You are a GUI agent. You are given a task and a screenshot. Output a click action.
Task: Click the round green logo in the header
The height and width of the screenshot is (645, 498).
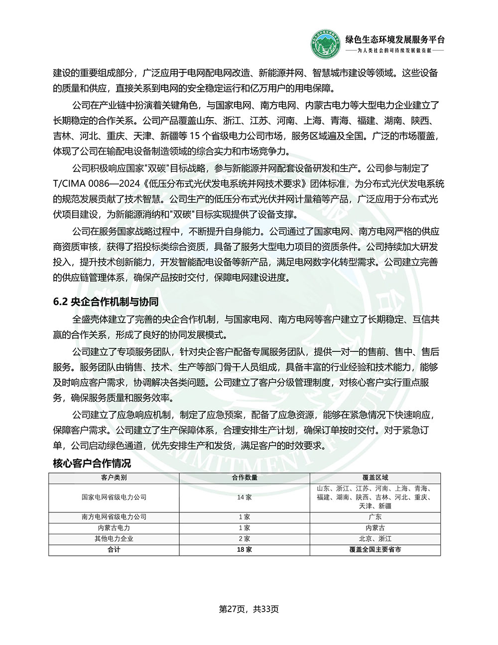[325, 44]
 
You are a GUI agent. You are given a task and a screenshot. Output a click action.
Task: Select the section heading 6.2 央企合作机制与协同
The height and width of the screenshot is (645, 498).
[106, 302]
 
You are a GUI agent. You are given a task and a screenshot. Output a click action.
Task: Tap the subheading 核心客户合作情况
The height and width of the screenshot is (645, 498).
[92, 463]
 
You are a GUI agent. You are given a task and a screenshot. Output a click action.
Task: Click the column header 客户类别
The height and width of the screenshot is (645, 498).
[114, 478]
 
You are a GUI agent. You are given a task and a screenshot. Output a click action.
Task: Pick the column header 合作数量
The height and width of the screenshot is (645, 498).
[244, 478]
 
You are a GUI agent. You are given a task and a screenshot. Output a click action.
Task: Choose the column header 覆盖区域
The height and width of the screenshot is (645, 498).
[375, 478]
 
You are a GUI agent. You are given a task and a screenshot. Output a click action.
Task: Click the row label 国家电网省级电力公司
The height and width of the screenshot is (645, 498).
[114, 497]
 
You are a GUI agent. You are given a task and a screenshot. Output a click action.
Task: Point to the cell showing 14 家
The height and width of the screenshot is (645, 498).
[244, 497]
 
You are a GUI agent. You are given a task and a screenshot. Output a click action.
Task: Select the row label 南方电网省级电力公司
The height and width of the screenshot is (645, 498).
[114, 517]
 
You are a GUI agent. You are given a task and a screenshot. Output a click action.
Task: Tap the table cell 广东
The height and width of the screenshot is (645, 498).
[375, 517]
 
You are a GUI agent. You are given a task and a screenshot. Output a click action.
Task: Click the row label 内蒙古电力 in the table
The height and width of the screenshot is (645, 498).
[114, 527]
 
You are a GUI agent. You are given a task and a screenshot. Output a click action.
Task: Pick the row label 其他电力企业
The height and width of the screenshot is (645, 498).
[114, 538]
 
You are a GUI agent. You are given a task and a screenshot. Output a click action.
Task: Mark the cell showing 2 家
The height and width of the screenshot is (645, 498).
[244, 538]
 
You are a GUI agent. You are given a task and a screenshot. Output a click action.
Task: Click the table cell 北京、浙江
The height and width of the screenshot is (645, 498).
[375, 538]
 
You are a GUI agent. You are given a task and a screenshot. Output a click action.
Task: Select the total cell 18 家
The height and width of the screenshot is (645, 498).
[244, 549]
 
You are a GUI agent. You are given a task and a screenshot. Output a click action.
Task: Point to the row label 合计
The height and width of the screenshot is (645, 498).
[114, 549]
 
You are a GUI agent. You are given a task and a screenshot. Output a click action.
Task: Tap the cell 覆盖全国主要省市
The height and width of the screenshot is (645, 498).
[375, 549]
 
